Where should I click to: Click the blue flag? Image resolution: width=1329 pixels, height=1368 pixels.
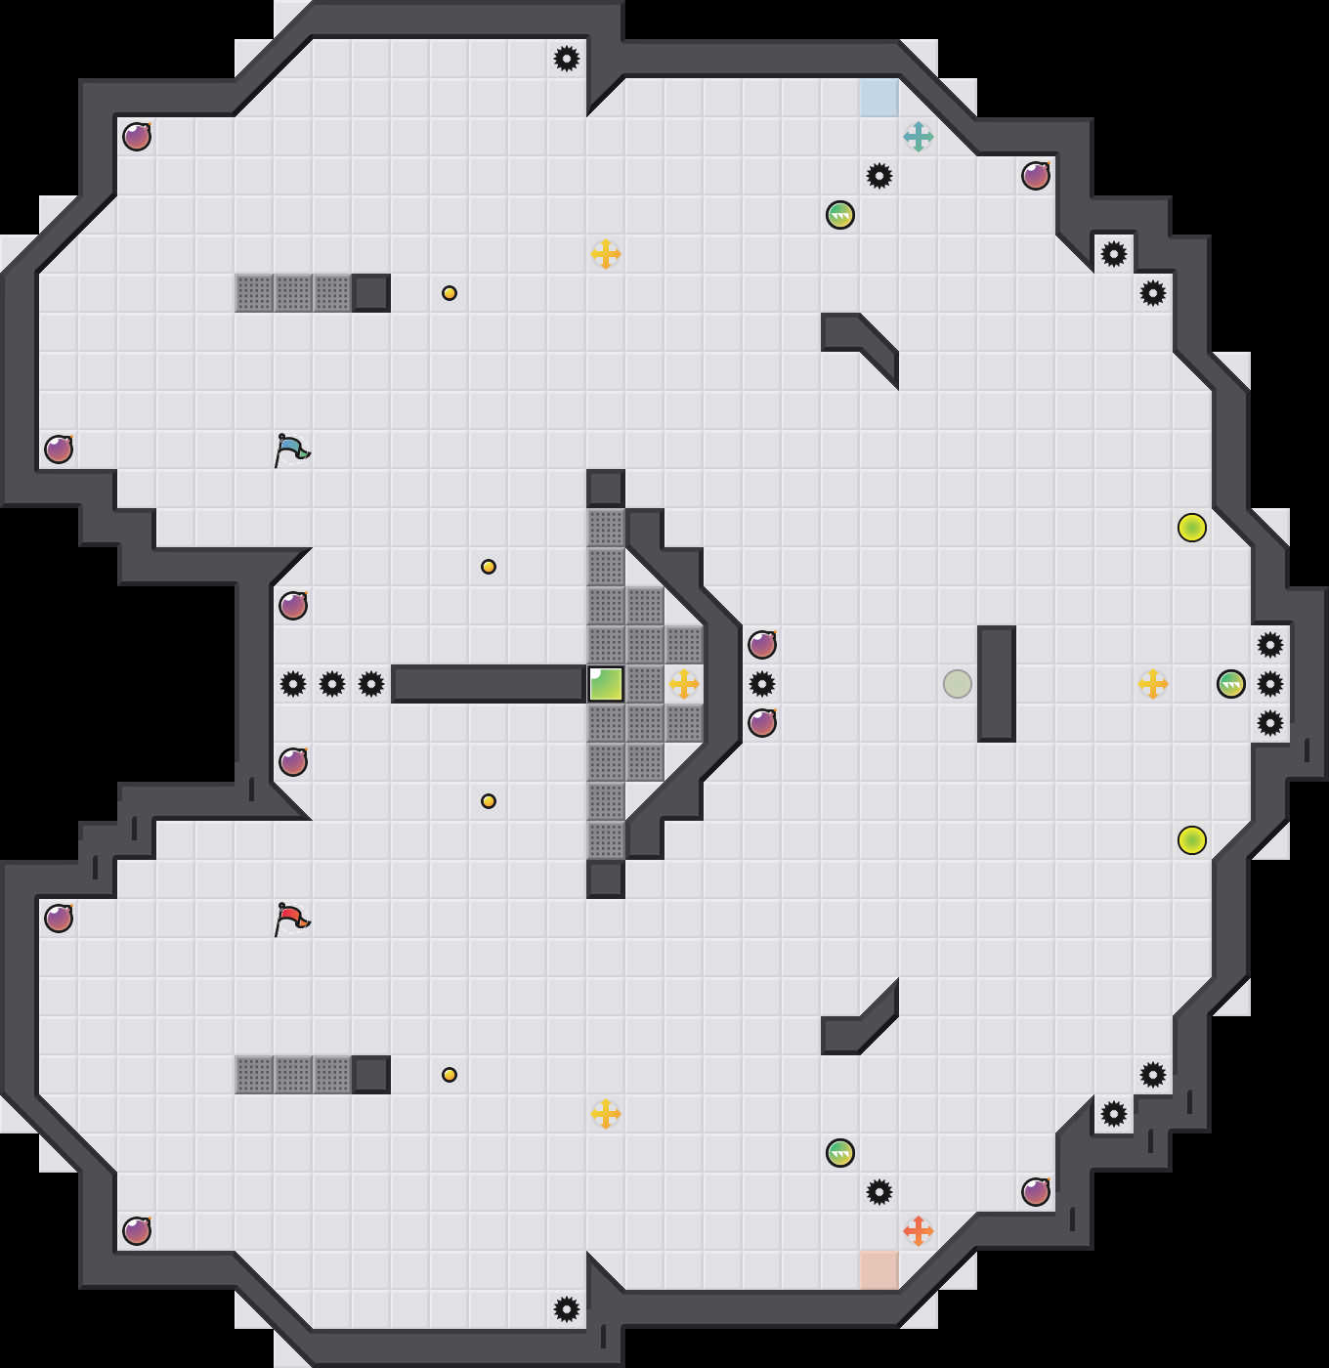(x=291, y=449)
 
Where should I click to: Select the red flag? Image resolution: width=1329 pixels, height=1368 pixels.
(x=291, y=919)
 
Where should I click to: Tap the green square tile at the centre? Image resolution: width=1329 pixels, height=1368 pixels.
(x=606, y=684)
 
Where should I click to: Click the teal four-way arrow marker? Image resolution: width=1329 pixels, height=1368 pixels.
(x=919, y=137)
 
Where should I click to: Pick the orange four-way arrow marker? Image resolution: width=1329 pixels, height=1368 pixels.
(x=919, y=1231)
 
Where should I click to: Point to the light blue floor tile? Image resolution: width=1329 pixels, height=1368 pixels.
(x=879, y=98)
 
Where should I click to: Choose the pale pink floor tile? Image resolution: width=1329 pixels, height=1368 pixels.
(x=879, y=1270)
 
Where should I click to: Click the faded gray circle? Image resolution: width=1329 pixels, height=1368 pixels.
(x=958, y=684)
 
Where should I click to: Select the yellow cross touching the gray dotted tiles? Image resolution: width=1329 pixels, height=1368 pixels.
(x=684, y=684)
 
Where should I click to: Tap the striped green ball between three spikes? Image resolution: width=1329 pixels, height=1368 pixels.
(x=1231, y=684)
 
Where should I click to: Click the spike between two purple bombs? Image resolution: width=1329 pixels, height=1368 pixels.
(x=762, y=684)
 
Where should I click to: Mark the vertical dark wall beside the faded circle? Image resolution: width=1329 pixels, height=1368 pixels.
(x=997, y=684)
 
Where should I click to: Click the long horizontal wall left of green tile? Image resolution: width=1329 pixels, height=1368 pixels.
(x=489, y=684)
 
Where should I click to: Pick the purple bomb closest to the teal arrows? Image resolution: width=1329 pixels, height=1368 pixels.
(x=1036, y=176)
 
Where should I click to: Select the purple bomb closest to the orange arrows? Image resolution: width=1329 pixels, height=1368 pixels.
(x=1036, y=1192)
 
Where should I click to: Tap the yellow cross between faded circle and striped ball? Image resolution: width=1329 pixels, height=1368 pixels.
(x=1153, y=684)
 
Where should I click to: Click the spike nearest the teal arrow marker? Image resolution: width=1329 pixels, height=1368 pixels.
(x=879, y=176)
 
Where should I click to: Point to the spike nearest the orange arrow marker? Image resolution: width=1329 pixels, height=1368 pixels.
(x=879, y=1192)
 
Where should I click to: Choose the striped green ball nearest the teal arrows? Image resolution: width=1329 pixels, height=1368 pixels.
(x=840, y=215)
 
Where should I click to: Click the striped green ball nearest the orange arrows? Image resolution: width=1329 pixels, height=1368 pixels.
(x=840, y=1153)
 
